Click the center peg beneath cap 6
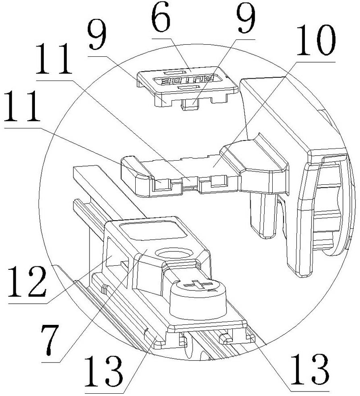(x=190, y=104)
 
